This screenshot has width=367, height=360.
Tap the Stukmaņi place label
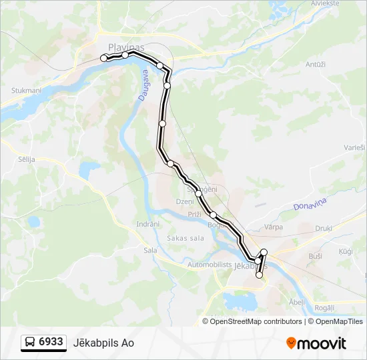pyautogui.click(x=26, y=90)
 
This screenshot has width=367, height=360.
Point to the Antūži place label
pyautogui.click(x=315, y=64)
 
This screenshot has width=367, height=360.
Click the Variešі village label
pyautogui.click(x=354, y=147)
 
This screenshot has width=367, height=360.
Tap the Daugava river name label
pyautogui.click(x=143, y=87)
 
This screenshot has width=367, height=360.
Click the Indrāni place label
pyautogui.click(x=147, y=224)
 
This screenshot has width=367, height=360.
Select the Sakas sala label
pyautogui.click(x=185, y=238)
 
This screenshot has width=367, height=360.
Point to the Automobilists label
pyautogui.click(x=210, y=265)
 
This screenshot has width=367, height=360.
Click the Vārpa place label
pyautogui.click(x=274, y=227)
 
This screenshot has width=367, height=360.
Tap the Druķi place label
pyautogui.click(x=324, y=227)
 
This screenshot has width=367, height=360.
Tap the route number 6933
pyautogui.click(x=51, y=342)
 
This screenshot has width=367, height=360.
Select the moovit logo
pyautogui.click(x=316, y=343)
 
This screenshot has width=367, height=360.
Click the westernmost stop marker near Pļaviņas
pyautogui.click(x=103, y=59)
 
